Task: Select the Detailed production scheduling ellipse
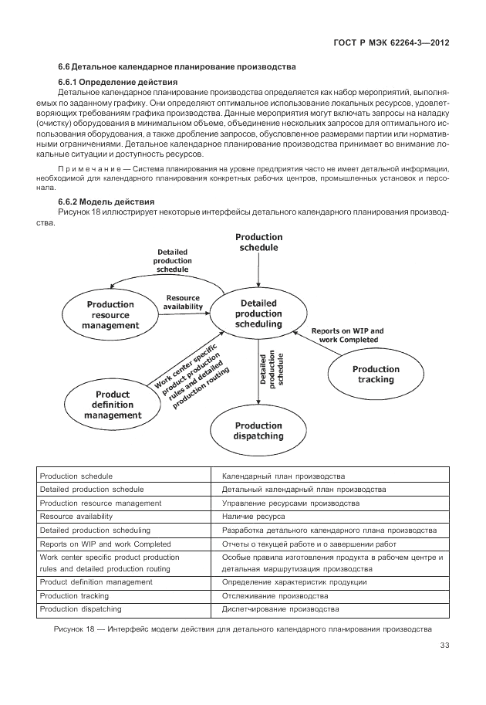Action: pos(258,314)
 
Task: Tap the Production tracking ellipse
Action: pos(376,375)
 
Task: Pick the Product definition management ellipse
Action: pos(113,405)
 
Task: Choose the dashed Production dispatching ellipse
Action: pos(259,431)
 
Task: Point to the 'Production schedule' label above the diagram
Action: pos(259,242)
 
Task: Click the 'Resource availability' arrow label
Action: pos(183,302)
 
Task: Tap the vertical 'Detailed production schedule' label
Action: pos(272,369)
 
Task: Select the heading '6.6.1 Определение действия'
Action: pos(118,81)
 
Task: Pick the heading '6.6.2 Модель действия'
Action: pos(110,201)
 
